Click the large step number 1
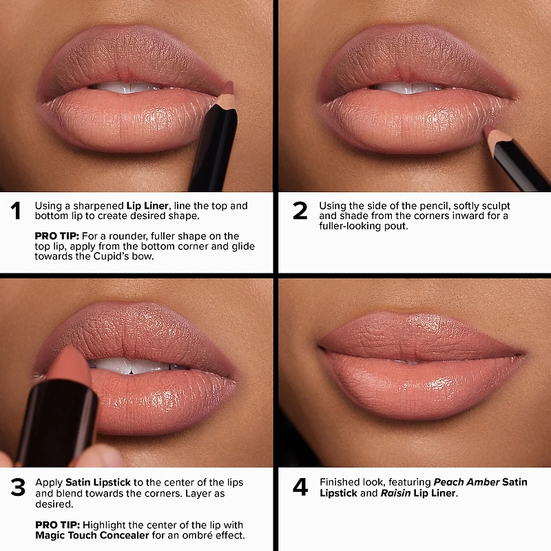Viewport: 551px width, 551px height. coord(15,211)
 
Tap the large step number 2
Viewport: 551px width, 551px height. coord(300,211)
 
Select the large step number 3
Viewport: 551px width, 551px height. coord(17,487)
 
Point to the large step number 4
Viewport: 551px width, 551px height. coord(300,487)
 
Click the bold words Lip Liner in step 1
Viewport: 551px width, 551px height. coord(147,206)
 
